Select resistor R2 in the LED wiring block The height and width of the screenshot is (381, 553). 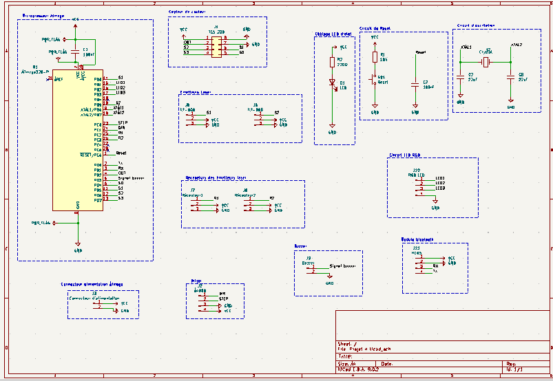coord(332,62)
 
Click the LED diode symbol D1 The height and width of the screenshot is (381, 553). coord(332,83)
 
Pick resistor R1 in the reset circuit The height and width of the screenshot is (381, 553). coord(375,58)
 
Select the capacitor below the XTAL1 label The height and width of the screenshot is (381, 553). coord(460,76)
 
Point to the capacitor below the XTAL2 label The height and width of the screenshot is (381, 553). coord(510,76)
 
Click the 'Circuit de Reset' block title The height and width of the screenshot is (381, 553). coord(376,29)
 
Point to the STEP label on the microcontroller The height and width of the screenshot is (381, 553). coord(123,122)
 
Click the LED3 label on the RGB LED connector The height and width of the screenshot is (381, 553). coord(440,188)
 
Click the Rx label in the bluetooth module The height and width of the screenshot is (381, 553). coord(435,265)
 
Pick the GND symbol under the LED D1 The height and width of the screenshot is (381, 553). coord(332,131)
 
